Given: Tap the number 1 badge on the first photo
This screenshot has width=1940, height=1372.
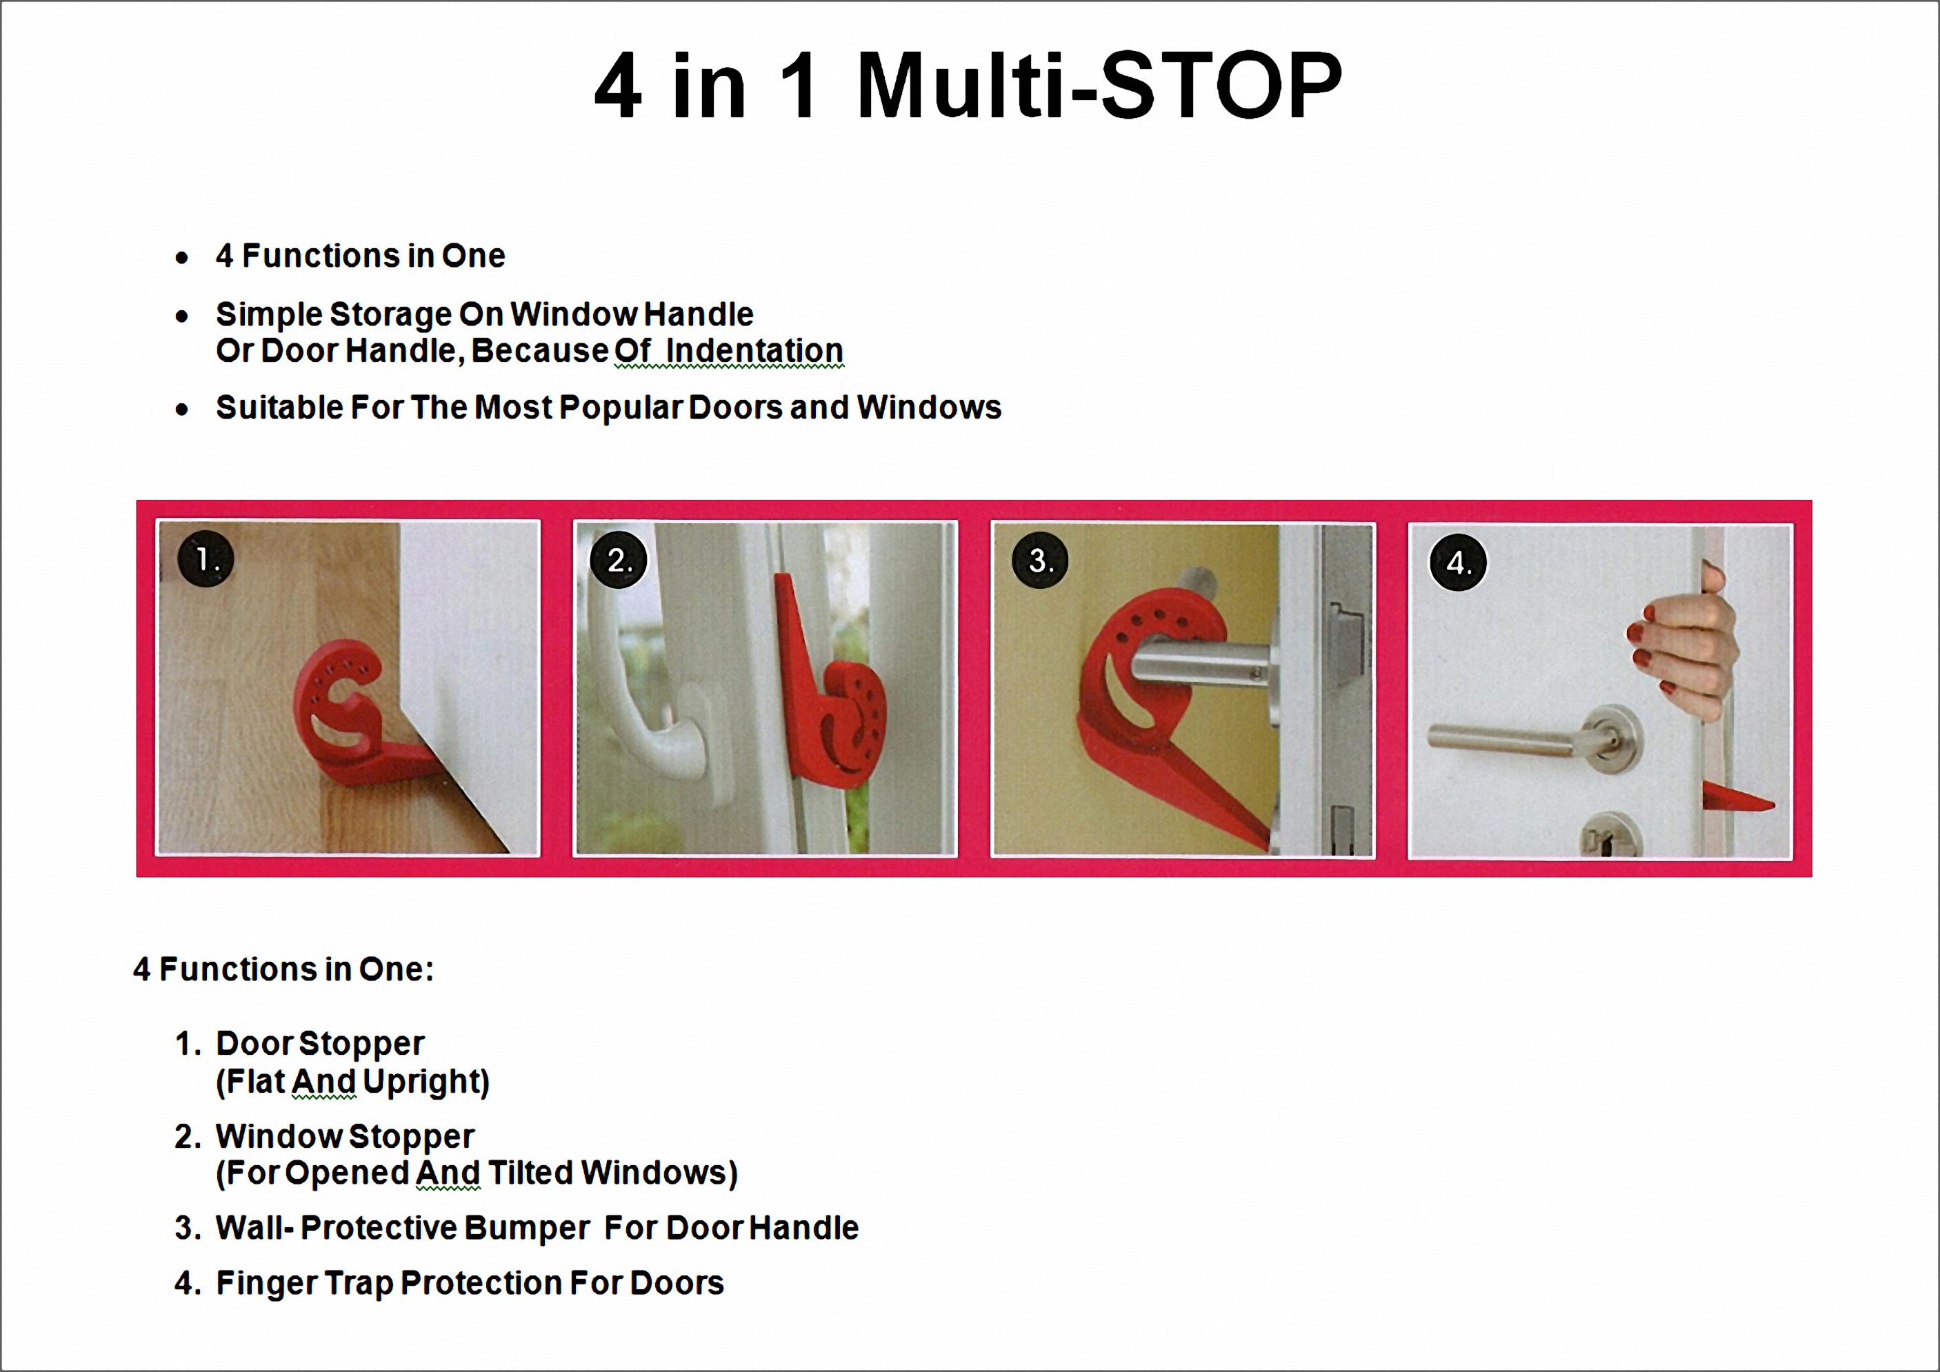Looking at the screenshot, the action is (206, 559).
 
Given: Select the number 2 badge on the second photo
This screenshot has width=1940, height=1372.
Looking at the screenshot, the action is (619, 560).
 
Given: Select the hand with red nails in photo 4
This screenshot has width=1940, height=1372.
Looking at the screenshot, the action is (1681, 646).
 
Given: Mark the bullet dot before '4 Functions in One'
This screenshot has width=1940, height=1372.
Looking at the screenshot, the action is (181, 258).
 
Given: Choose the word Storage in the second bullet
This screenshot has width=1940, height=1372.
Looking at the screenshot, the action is (390, 315).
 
